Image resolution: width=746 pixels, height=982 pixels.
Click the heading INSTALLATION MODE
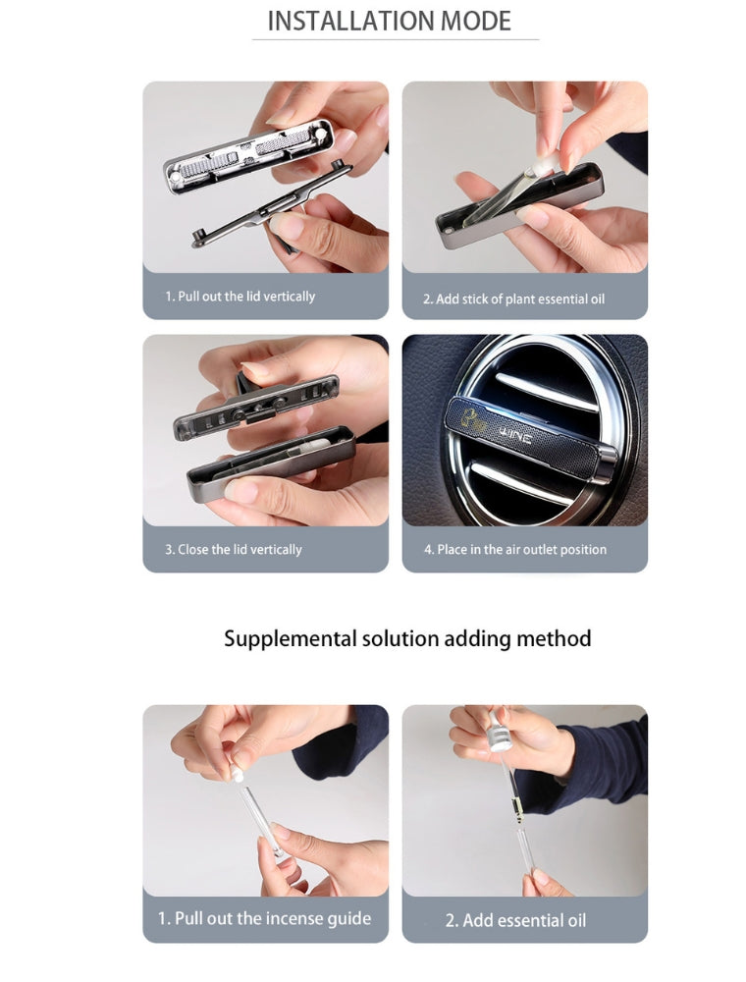click(389, 21)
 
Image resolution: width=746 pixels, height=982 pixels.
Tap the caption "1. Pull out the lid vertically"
click(240, 297)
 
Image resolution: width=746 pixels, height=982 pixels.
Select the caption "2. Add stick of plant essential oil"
click(513, 299)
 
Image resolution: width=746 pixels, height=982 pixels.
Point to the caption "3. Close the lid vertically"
click(234, 549)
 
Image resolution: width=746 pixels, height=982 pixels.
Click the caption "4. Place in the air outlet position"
click(515, 549)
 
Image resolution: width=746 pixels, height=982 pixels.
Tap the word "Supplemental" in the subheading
click(290, 639)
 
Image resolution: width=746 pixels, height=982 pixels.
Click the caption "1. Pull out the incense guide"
click(264, 919)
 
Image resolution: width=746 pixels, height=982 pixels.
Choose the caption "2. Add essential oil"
click(515, 920)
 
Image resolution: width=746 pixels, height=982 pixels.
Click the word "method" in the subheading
click(554, 638)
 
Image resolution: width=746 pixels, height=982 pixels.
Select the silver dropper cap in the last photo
click(499, 731)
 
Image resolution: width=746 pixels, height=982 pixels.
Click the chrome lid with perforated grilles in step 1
click(248, 155)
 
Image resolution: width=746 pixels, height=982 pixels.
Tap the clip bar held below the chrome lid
click(270, 206)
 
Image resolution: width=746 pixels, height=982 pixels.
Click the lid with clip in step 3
click(256, 404)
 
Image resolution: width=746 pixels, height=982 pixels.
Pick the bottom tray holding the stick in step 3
click(271, 462)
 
